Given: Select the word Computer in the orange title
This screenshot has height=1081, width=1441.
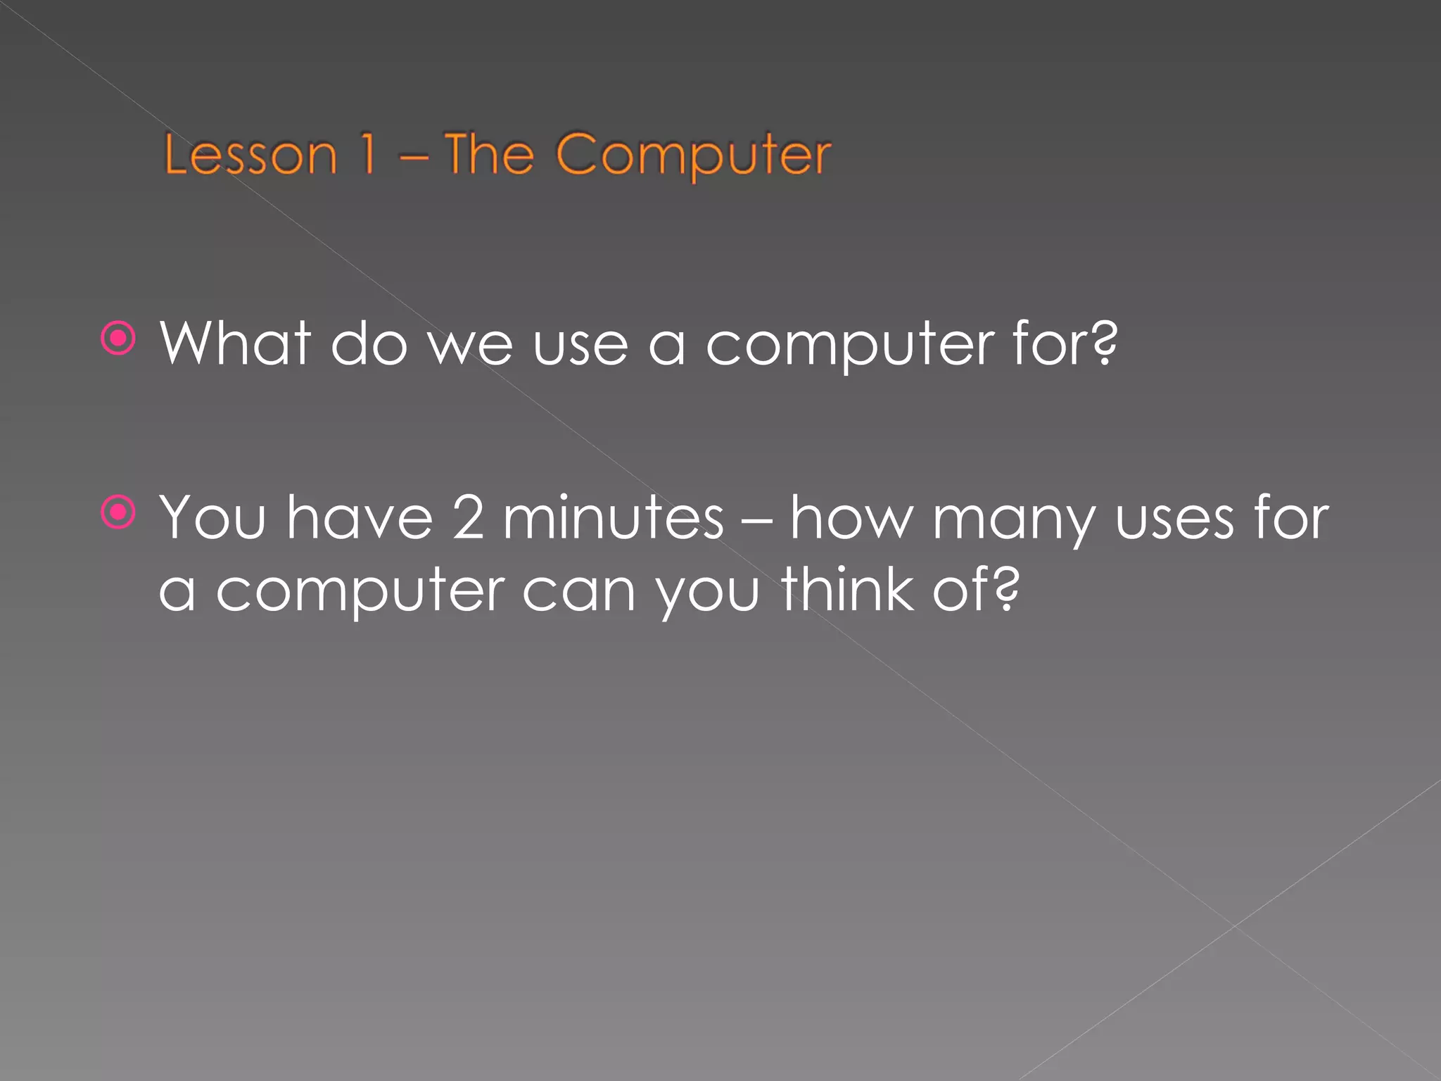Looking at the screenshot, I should (693, 156).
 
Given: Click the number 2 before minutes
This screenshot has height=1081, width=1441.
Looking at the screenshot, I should (468, 518).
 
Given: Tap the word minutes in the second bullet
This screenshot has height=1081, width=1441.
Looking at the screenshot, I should (613, 518).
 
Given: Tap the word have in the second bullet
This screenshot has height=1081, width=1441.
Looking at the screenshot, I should (360, 518).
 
